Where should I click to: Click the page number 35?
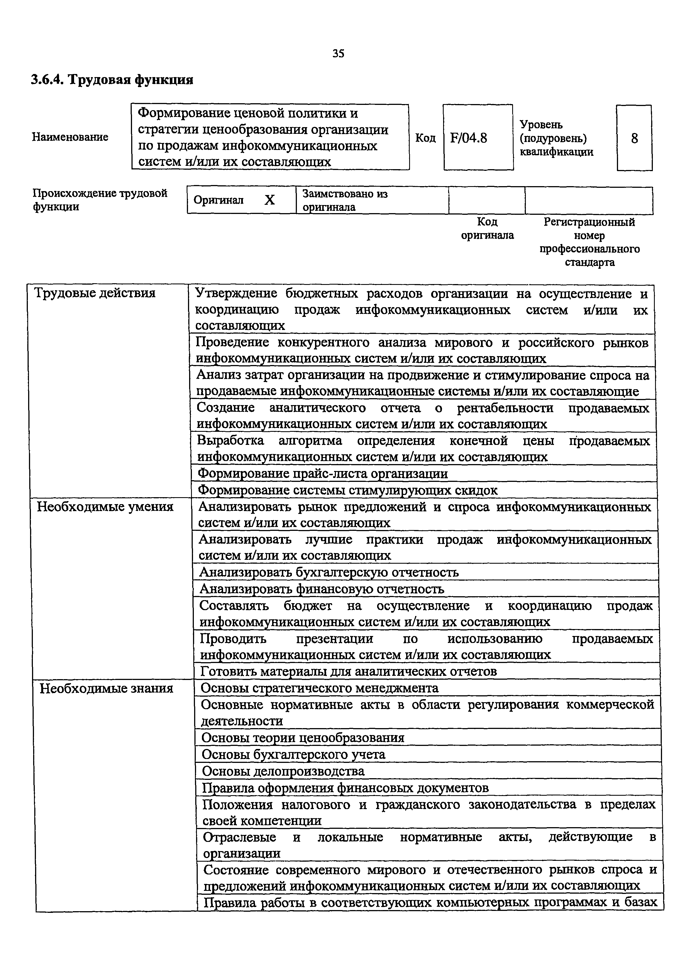338,54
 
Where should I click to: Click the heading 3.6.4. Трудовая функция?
112,80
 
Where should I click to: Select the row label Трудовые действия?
94,293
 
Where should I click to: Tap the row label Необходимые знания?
106,688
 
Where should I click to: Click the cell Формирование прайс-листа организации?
323,474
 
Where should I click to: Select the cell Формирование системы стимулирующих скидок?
348,490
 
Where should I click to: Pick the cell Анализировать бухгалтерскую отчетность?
329,573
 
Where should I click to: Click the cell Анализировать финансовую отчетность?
322,589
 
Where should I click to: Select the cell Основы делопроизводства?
283,771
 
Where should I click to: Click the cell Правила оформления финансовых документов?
345,788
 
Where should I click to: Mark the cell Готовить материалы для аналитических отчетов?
348,671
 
